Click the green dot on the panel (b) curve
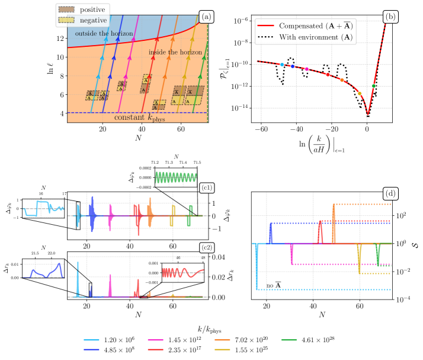[x=374, y=86]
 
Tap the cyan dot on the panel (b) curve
[x=282, y=64]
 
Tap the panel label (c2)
[x=207, y=248]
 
